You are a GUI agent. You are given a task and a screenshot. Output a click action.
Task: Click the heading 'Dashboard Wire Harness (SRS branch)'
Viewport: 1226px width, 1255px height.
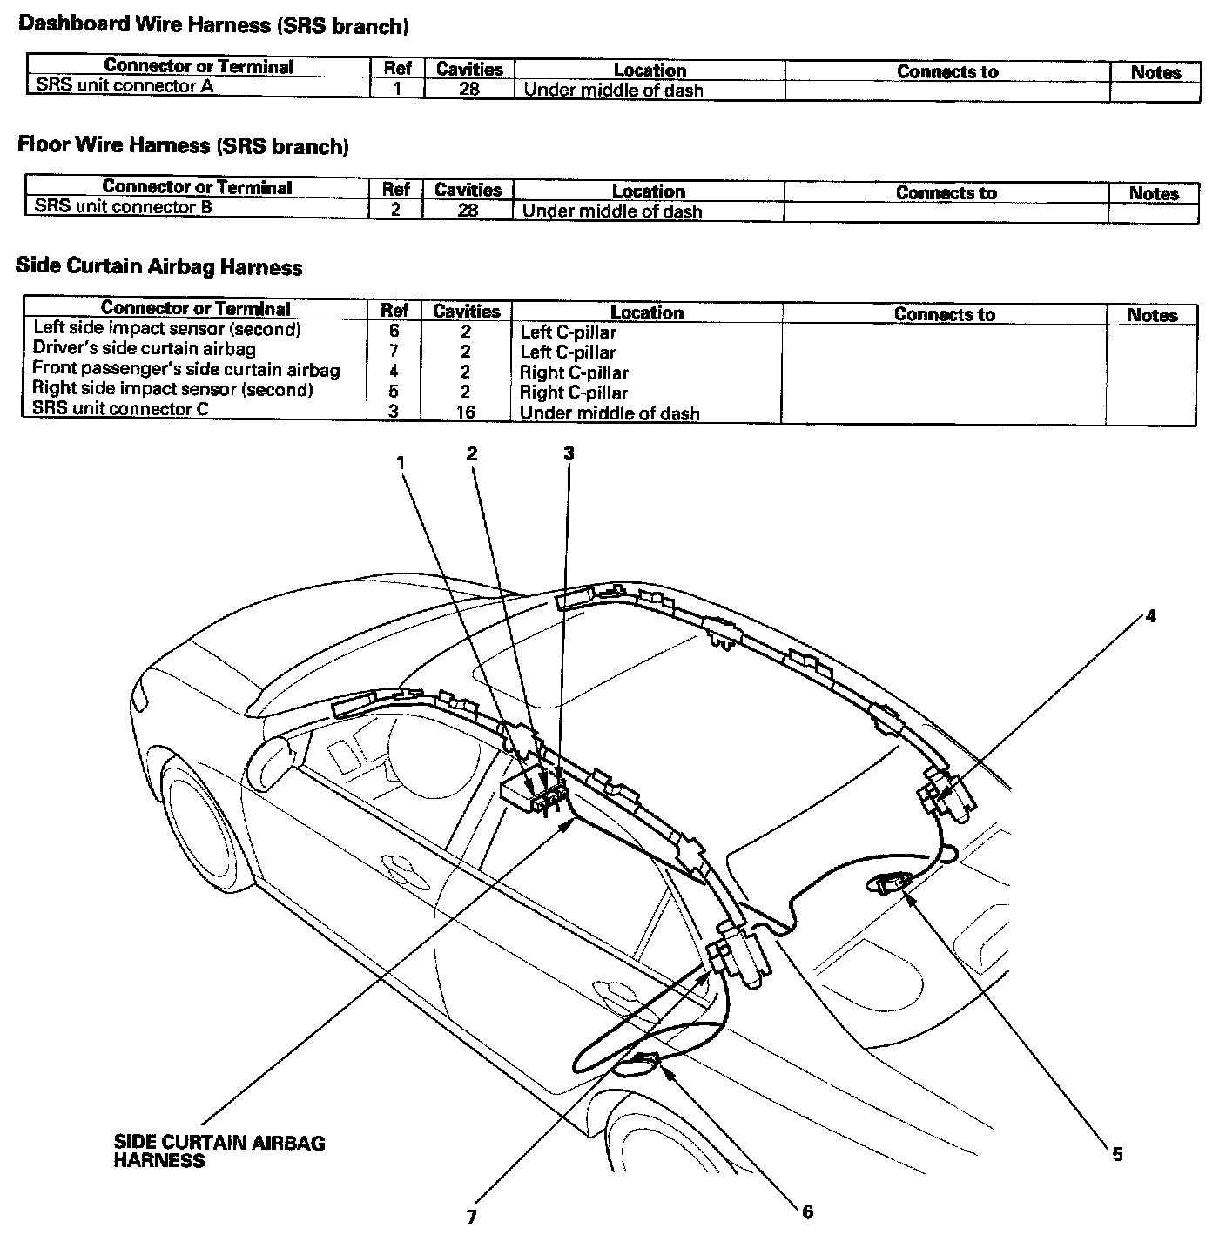click(213, 26)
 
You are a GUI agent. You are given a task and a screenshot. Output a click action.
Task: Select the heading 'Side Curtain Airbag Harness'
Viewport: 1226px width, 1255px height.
click(158, 267)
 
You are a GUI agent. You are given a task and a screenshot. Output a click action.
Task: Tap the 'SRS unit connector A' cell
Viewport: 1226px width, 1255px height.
click(125, 86)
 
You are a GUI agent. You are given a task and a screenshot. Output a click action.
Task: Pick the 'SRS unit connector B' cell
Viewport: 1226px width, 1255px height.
click(123, 207)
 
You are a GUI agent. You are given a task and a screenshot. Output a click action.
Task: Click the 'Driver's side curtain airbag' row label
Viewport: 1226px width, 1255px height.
click(144, 349)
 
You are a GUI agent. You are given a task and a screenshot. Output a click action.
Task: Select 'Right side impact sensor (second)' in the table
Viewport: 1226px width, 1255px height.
click(172, 389)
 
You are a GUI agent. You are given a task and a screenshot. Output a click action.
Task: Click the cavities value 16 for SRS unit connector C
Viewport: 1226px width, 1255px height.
click(466, 412)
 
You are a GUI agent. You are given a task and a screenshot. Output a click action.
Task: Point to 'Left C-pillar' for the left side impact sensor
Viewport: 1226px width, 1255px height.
click(568, 332)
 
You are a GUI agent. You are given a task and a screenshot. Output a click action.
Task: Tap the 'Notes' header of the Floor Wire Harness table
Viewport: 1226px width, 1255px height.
click(1153, 193)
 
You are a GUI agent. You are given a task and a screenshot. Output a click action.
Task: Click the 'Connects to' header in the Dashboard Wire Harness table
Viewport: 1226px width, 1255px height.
click(947, 72)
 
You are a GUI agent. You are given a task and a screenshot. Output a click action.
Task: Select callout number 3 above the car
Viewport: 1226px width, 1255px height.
click(569, 453)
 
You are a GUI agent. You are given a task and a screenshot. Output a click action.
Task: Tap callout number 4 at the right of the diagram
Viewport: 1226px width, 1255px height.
click(1150, 616)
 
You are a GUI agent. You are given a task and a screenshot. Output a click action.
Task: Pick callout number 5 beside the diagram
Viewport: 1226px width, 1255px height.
click(1117, 1154)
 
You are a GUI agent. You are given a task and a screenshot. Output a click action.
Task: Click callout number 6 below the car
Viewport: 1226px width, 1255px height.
click(807, 1211)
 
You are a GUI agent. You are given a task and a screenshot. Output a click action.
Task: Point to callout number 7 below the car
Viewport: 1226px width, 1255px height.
click(471, 1217)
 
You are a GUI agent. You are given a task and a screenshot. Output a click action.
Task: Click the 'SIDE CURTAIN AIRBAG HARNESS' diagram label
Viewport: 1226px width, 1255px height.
click(219, 1151)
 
